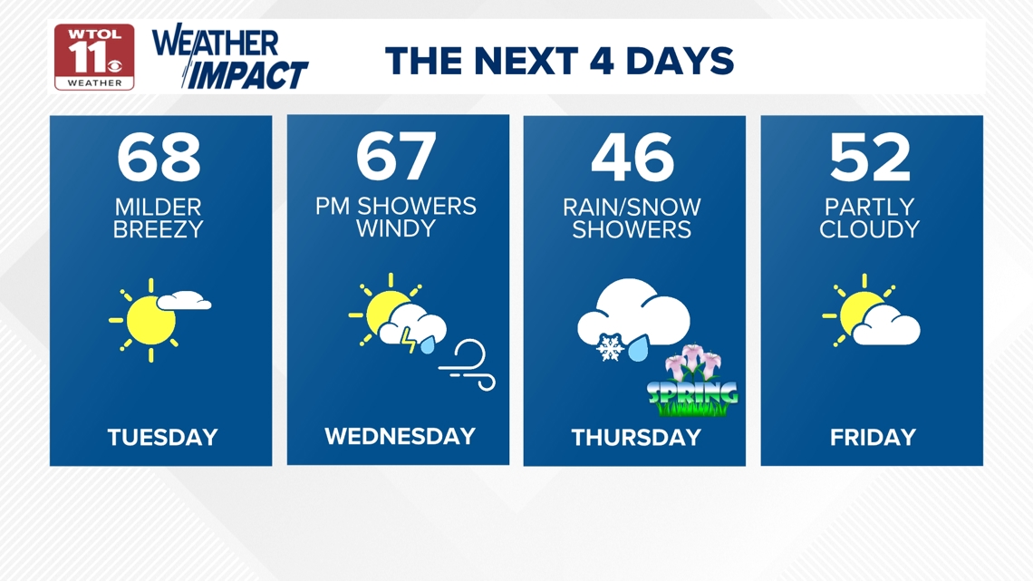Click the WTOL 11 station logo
(x=94, y=57)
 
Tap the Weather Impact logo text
(x=230, y=57)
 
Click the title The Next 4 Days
(x=559, y=61)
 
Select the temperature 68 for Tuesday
(x=159, y=157)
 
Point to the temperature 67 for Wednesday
(x=396, y=156)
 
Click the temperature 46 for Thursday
(x=632, y=157)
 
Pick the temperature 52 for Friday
(x=870, y=157)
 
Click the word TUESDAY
(x=163, y=438)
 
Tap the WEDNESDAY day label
(x=400, y=436)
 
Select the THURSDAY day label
(x=636, y=438)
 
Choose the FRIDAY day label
(x=873, y=438)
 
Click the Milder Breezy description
(x=158, y=218)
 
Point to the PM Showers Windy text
(x=396, y=217)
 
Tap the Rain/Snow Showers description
(x=632, y=218)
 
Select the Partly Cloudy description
(x=870, y=218)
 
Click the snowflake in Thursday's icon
(x=610, y=348)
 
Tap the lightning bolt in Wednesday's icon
(x=409, y=339)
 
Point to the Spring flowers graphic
(x=692, y=381)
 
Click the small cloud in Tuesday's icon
(x=185, y=300)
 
